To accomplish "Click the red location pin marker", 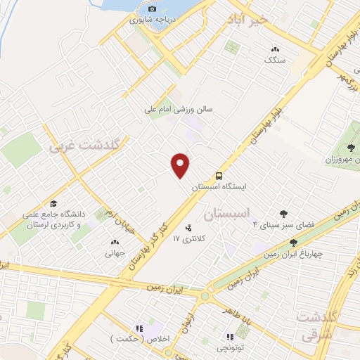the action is [x=181, y=165].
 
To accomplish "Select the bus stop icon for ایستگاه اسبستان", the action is [x=219, y=175].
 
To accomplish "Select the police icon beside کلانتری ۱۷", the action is [x=188, y=228].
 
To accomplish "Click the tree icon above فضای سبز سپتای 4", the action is [x=283, y=214].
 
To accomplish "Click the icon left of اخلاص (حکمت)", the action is [x=139, y=328].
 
